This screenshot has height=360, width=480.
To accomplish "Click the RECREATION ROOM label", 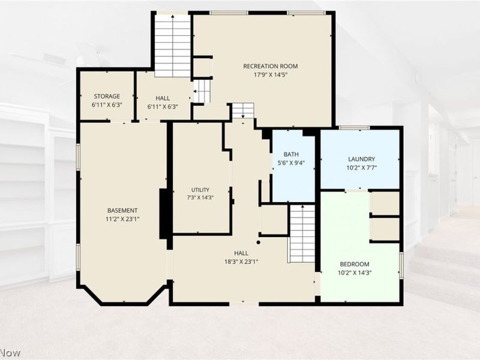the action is click(271, 66).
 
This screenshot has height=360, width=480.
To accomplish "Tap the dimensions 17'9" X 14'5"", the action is click(271, 74).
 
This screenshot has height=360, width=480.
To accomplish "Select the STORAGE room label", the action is click(107, 96).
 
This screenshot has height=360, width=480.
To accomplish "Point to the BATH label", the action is click(291, 154).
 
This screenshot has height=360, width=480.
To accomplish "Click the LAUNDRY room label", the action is click(362, 159).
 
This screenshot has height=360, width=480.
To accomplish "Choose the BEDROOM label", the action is click(355, 264).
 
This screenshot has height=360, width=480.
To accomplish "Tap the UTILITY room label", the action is click(200, 190).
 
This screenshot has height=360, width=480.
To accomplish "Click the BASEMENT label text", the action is click(122, 211).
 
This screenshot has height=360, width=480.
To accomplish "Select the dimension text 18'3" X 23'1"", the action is click(241, 262).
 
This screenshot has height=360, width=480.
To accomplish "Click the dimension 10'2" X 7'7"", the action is click(362, 168).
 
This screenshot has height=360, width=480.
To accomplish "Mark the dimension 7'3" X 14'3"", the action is click(200, 198).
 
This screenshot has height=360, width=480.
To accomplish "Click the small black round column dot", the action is click(259, 242).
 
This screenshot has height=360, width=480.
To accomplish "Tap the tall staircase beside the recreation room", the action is click(173, 46).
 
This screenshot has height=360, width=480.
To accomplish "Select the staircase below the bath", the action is click(302, 233).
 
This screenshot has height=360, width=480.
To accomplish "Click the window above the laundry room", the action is click(354, 127).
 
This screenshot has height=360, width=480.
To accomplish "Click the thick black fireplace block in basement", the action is click(163, 214).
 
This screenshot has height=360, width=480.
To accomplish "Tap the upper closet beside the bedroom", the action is click(385, 203).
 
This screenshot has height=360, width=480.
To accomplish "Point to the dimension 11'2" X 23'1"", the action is click(122, 219).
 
